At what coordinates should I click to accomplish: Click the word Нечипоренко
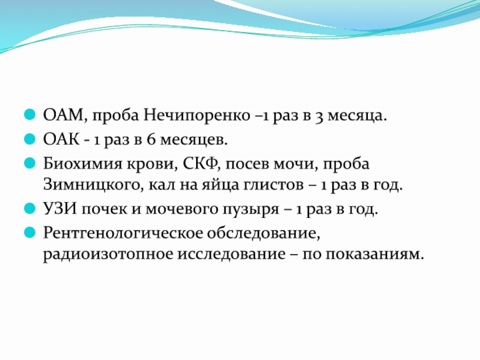click(x=197, y=116)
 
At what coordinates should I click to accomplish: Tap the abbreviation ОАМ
click(x=64, y=116)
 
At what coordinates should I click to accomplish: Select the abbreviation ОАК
click(x=61, y=140)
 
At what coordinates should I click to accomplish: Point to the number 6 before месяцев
click(x=151, y=140)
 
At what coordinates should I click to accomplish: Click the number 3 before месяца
click(x=319, y=117)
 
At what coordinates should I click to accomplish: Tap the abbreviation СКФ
click(x=200, y=164)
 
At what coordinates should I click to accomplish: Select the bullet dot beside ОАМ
click(x=29, y=115)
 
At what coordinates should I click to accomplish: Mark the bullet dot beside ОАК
click(x=29, y=139)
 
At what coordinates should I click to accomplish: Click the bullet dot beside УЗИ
click(x=29, y=209)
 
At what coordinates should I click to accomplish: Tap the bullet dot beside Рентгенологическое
click(x=29, y=233)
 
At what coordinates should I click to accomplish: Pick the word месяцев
click(x=194, y=140)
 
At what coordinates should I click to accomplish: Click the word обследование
click(x=263, y=233)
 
